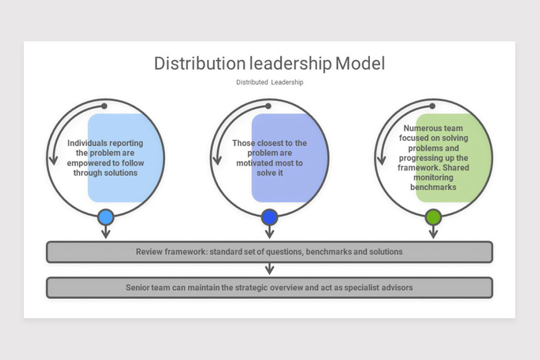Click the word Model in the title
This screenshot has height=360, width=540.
(x=360, y=63)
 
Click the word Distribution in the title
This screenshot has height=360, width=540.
(x=200, y=63)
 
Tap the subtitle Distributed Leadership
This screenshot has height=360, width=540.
(x=270, y=82)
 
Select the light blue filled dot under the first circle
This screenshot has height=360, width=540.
(x=106, y=218)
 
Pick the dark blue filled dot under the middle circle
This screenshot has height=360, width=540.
(x=270, y=218)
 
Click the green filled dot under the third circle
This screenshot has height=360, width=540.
(x=433, y=218)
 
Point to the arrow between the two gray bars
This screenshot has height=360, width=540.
(x=270, y=269)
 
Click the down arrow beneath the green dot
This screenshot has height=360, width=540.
(x=433, y=233)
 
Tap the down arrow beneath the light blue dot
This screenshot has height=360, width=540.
(x=106, y=233)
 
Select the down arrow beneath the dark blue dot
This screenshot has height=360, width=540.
(x=270, y=233)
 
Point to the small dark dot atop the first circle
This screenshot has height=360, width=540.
(x=104, y=106)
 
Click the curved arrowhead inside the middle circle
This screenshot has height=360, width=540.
(x=218, y=161)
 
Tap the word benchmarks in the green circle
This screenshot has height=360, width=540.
(x=433, y=187)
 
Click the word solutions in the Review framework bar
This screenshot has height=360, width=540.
(x=386, y=252)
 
